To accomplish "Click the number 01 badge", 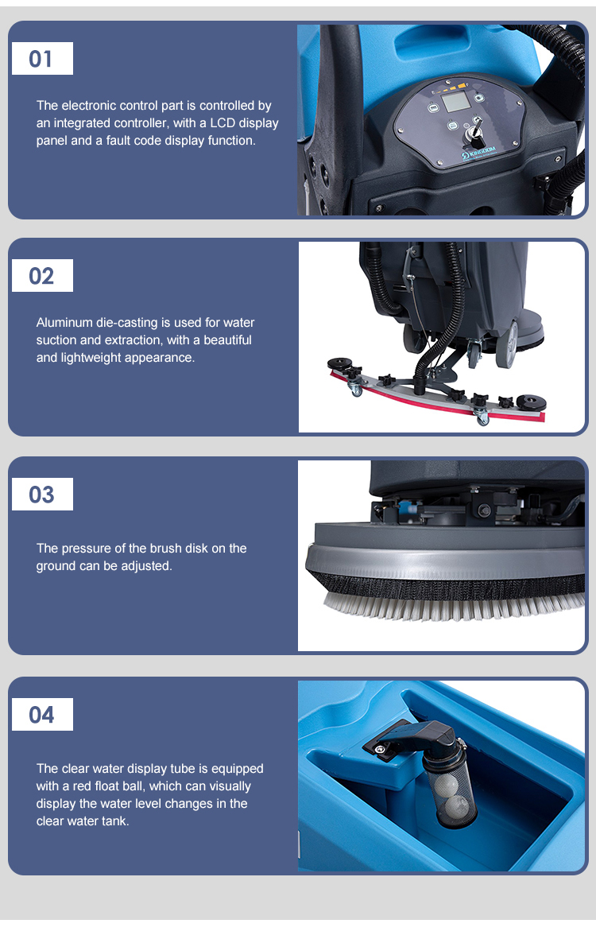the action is tap(42, 59).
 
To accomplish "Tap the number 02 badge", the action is tap(42, 275).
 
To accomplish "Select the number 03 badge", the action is tap(42, 494).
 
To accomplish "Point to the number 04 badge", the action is tap(42, 715).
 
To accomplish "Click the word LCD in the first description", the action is tap(222, 122).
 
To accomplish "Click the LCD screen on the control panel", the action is tap(457, 101).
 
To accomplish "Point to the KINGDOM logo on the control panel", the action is tap(478, 153).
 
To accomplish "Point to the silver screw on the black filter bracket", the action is tap(378, 748).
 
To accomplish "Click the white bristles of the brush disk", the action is tap(454, 605).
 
